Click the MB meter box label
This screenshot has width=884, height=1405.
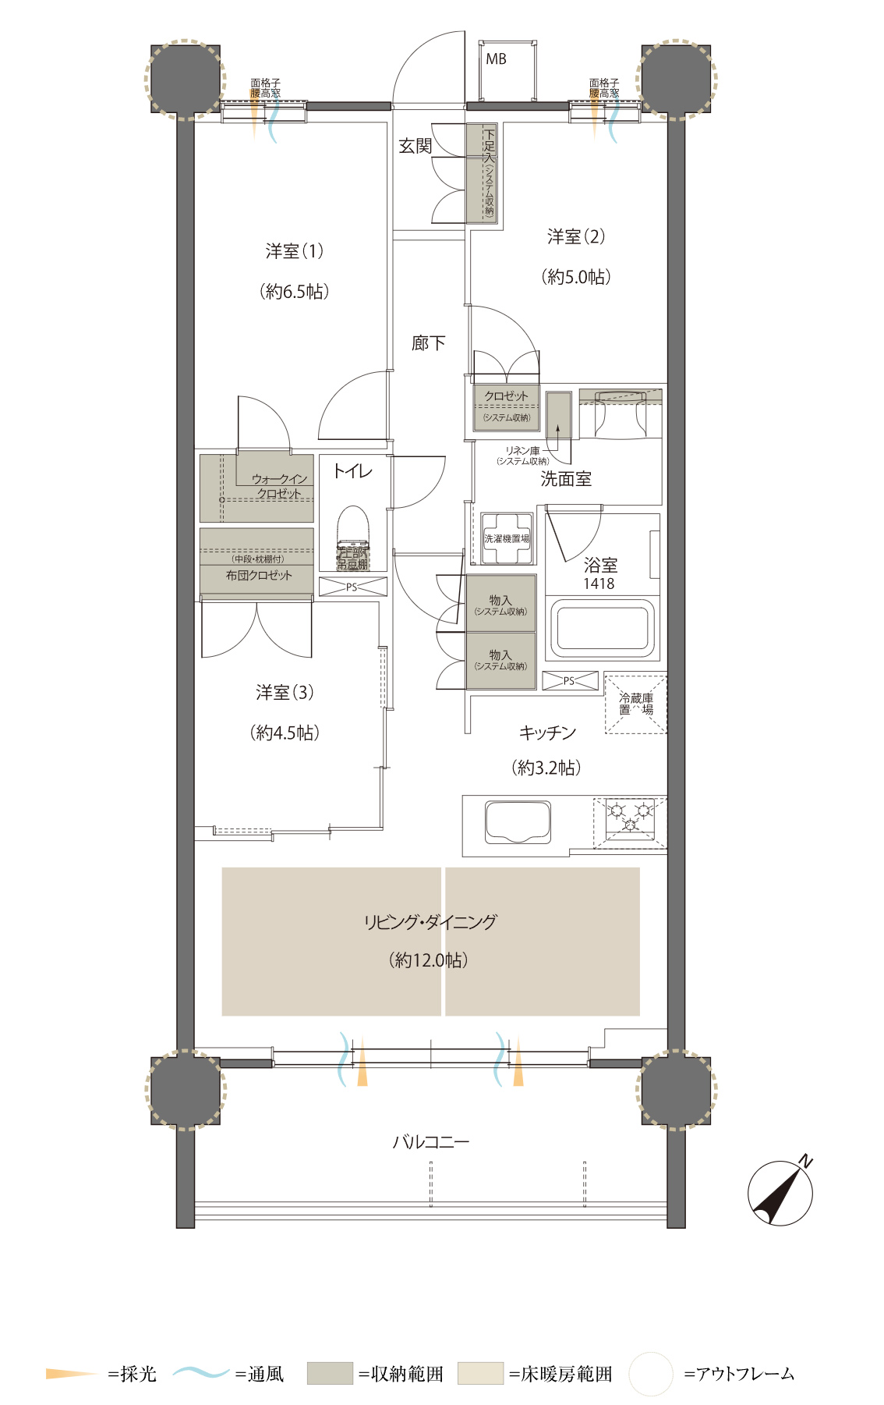click(496, 59)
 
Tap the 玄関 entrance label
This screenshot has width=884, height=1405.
click(415, 146)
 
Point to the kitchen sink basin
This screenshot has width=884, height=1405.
click(517, 822)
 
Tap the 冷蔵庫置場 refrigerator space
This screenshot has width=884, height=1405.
click(635, 704)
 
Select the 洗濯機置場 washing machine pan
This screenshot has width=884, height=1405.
click(507, 538)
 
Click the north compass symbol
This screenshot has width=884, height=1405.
click(780, 1193)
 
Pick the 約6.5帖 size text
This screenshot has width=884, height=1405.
click(295, 292)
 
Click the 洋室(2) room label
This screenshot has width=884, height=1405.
click(575, 236)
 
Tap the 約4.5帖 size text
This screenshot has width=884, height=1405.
click(285, 733)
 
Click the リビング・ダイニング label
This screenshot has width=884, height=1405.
click(430, 922)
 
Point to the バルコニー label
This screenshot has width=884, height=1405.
click(430, 1142)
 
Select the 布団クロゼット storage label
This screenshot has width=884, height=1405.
click(259, 576)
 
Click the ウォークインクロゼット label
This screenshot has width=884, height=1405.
click(279, 486)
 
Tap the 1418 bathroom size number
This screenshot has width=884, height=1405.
click(599, 584)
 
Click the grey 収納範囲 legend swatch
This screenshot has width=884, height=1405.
click(330, 1374)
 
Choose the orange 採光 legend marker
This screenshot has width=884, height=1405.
click(70, 1373)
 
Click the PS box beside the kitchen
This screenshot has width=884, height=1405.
click(570, 681)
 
